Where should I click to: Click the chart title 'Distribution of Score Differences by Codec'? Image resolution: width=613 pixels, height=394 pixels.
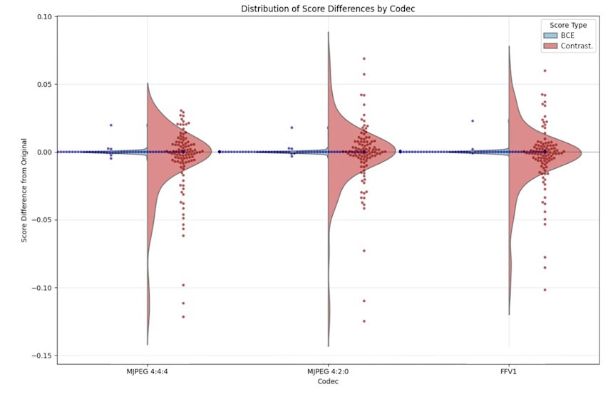(327, 8)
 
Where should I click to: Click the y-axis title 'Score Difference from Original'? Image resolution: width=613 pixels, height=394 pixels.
(24, 190)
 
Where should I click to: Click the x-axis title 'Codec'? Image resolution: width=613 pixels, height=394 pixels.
(328, 381)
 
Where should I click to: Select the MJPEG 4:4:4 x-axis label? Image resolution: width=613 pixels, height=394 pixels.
(148, 372)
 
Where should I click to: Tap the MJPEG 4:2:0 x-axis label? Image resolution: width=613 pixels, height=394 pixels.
(328, 372)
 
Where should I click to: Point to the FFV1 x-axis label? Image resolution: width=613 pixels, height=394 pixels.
(509, 372)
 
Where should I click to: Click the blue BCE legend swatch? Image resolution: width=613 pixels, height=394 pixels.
(550, 36)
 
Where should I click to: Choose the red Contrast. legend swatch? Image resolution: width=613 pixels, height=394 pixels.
(550, 46)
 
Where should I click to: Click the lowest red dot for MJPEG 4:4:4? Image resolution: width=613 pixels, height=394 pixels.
(183, 316)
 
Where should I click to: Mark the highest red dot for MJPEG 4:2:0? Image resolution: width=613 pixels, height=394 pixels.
(364, 58)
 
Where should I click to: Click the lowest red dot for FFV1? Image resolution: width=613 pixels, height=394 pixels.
(545, 289)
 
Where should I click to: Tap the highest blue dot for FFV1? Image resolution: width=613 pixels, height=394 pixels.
(472, 121)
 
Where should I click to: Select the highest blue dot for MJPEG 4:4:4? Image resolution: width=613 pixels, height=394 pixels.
(110, 125)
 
